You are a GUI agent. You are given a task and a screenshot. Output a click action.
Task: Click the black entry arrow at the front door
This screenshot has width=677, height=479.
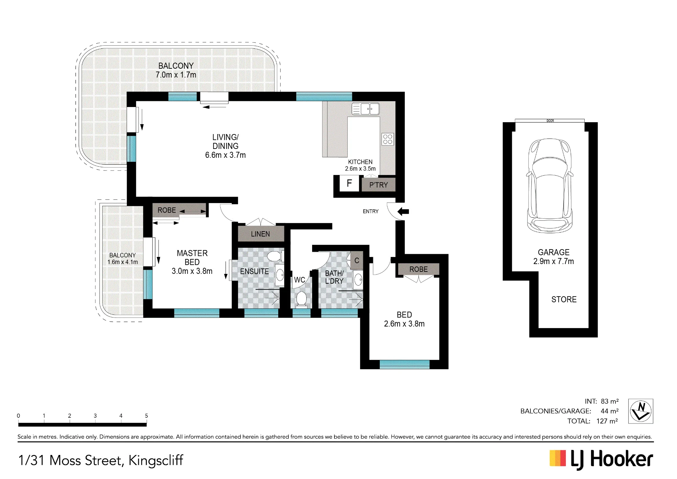[x=403, y=212]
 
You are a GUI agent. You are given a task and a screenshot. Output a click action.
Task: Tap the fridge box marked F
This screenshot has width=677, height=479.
[x=349, y=183]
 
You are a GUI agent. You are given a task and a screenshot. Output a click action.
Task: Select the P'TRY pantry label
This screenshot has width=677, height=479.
[x=378, y=185]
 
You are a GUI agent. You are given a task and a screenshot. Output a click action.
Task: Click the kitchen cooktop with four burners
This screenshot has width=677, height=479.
[x=388, y=139]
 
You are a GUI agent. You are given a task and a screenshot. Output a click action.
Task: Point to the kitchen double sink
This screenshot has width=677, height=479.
[x=366, y=109]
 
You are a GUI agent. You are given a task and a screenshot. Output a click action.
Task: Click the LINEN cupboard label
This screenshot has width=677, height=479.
[x=260, y=234]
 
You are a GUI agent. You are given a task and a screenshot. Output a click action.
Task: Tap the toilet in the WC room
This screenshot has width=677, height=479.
[x=301, y=300]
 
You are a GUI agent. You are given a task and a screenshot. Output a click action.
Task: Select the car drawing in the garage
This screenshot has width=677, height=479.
[x=550, y=186]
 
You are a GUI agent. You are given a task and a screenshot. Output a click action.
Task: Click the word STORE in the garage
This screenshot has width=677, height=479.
[x=564, y=300]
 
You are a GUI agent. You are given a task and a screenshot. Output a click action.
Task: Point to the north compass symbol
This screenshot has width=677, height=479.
[x=641, y=411]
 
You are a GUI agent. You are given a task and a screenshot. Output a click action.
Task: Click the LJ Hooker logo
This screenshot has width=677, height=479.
[x=601, y=460]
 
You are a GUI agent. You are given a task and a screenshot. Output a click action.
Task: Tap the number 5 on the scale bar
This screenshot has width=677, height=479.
[x=147, y=416]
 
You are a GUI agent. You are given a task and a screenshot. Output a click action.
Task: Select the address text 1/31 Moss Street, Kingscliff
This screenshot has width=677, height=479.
[x=101, y=460]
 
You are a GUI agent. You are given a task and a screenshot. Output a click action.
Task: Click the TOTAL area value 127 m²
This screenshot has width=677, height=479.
[x=607, y=421]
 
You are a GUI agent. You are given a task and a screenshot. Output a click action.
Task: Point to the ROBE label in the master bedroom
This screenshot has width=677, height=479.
[x=167, y=210]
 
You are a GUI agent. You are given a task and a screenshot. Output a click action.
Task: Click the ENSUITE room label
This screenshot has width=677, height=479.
[x=255, y=271]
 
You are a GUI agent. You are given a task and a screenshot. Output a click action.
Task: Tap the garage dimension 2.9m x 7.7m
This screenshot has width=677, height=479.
[x=554, y=261]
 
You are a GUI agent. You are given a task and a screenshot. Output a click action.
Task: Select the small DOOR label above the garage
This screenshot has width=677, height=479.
[x=550, y=121]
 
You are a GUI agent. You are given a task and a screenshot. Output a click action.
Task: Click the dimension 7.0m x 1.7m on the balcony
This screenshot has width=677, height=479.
[x=176, y=75]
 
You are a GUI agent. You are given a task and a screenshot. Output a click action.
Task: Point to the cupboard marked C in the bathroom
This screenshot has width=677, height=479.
[x=357, y=261]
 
